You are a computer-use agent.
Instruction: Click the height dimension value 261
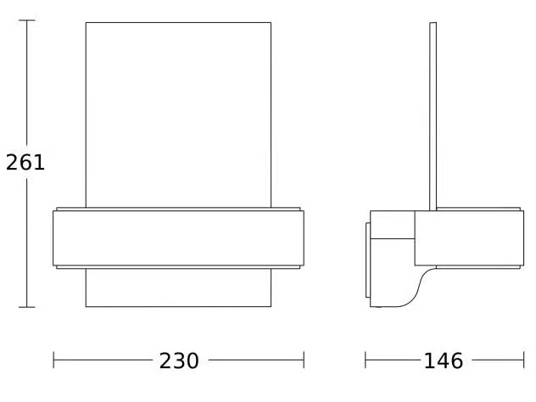click(25, 162)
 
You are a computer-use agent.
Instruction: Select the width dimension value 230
click(179, 361)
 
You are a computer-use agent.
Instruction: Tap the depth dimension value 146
click(444, 361)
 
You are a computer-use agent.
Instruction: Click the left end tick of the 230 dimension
click(53, 361)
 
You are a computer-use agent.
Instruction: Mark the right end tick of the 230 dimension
click(304, 361)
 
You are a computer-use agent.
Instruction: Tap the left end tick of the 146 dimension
click(366, 361)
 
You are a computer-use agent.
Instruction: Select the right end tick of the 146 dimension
click(523, 361)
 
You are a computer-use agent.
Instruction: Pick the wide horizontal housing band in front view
click(178, 237)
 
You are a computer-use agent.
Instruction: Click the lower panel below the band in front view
click(178, 288)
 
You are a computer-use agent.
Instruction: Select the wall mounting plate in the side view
click(368, 260)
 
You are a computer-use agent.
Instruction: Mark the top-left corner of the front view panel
click(86, 23)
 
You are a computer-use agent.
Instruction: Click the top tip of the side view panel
click(433, 23)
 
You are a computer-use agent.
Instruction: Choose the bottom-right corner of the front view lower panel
click(271, 306)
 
